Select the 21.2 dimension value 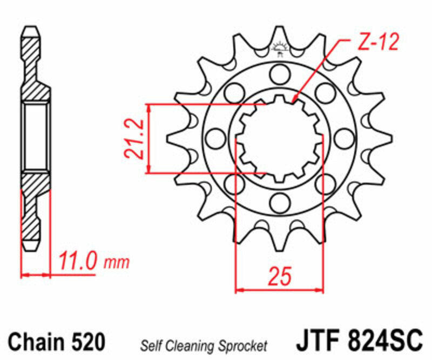[x=134, y=139]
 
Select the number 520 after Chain [x=86, y=342]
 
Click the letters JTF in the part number [x=315, y=341]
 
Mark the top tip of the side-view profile [x=32, y=26]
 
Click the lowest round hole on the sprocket [x=280, y=203]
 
